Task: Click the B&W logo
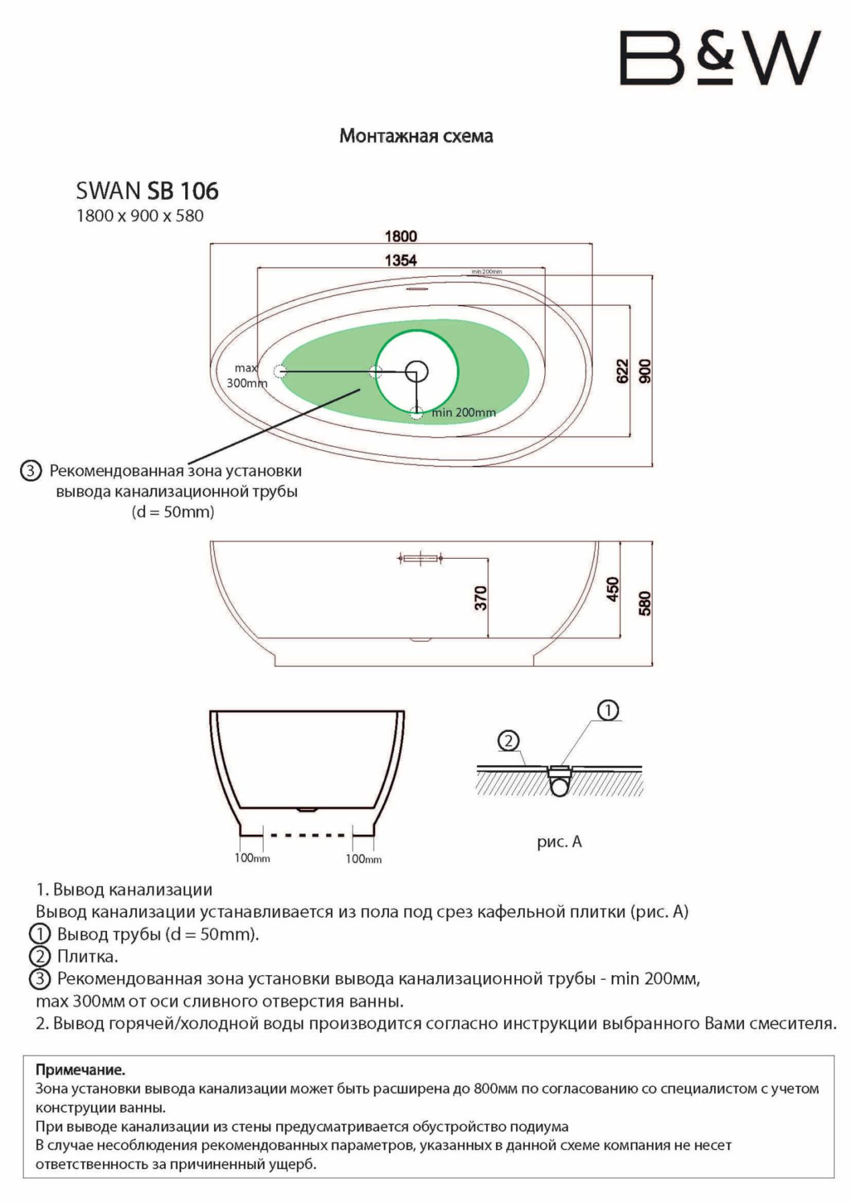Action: pos(720,58)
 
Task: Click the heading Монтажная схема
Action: pos(416,136)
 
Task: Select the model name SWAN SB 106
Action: pos(147,191)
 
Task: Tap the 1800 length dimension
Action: pos(400,236)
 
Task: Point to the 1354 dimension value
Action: pos(400,260)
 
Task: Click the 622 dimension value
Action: pos(622,372)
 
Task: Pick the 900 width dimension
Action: pos(645,372)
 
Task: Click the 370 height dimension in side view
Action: pos(481,597)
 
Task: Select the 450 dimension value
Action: pos(612,589)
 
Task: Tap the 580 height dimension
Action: pos(645,604)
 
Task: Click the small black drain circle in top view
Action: pos(416,371)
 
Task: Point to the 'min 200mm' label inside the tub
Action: pos(464,412)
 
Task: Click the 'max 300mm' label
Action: pos(247,376)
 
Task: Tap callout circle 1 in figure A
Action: pos(608,710)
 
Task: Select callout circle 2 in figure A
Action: pos(509,741)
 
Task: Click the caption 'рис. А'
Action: pos(560,842)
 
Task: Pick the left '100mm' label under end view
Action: pos(252,858)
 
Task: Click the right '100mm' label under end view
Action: pos(364,859)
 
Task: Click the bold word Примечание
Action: pos(80,1070)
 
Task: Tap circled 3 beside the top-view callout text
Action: pos(31,471)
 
